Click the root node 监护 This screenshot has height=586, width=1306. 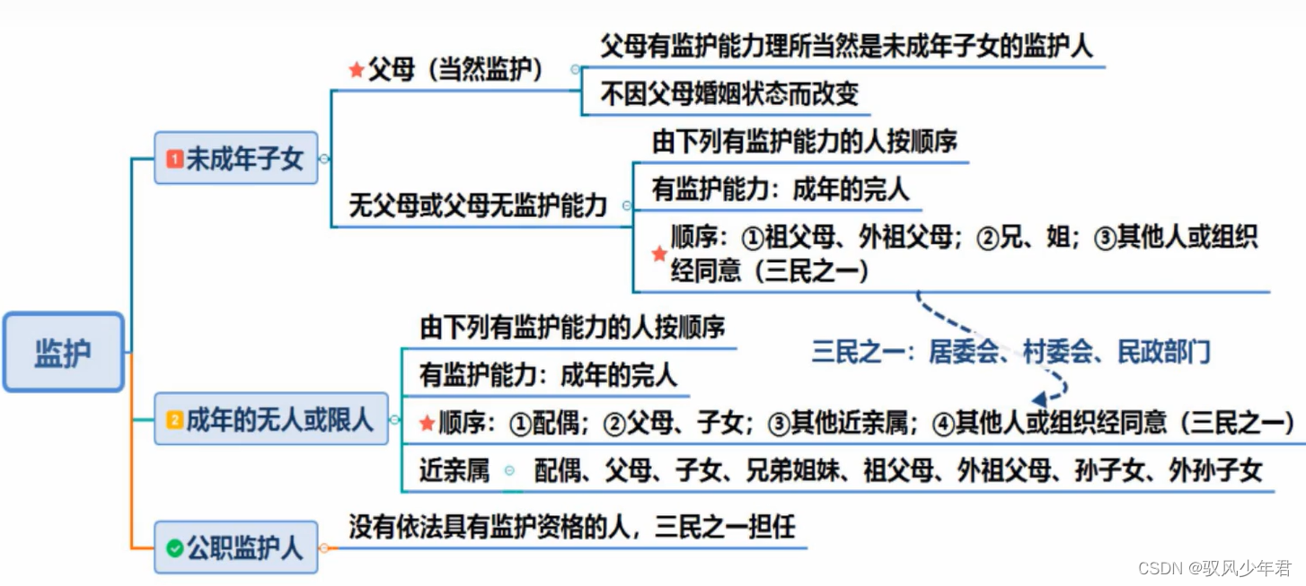[x=63, y=353]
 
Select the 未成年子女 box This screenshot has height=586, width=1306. [x=235, y=159]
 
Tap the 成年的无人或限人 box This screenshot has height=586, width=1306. [x=270, y=419]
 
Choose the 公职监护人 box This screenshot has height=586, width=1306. [x=235, y=547]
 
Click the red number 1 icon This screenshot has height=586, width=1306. [x=174, y=160]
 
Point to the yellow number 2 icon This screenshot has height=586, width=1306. [x=174, y=420]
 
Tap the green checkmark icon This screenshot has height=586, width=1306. [x=174, y=547]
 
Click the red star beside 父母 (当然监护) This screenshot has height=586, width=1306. [x=356, y=70]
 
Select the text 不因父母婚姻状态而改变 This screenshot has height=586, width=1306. [x=728, y=93]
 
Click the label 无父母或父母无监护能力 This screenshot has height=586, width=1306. [x=478, y=207]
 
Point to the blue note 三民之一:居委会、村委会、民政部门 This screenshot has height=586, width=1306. [x=1010, y=352]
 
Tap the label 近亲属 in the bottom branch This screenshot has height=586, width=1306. [x=454, y=469]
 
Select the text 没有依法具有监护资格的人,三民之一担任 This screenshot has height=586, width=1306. [x=572, y=527]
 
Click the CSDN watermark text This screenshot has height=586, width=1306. [x=1213, y=567]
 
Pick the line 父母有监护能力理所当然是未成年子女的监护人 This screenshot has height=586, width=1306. [x=845, y=46]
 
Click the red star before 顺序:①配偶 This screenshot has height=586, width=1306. [x=427, y=423]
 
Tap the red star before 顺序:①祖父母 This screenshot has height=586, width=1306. [x=659, y=254]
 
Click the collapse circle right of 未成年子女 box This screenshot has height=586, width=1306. [x=324, y=159]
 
